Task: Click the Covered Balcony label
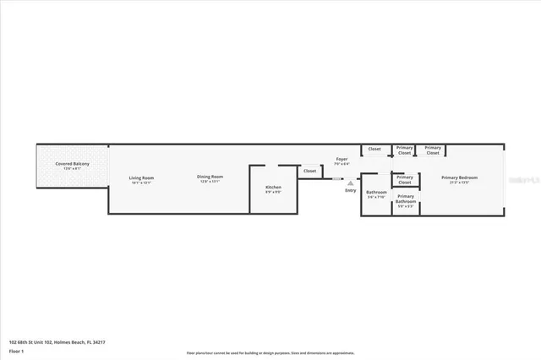tap(72, 163)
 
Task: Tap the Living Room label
tap(141, 177)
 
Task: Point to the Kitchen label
tap(273, 187)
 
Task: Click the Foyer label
tap(342, 159)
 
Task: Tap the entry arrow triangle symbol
tap(350, 182)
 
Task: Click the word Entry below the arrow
tap(350, 190)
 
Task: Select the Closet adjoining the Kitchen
tap(309, 171)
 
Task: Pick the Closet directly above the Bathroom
tap(374, 150)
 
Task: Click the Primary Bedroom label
tap(459, 177)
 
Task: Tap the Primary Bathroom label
tap(405, 199)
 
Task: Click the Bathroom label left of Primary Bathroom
tap(375, 192)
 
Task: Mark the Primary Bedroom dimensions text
tap(459, 183)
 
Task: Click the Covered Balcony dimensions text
tap(72, 168)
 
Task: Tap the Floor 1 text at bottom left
tap(16, 349)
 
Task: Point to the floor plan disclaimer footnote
tap(270, 352)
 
